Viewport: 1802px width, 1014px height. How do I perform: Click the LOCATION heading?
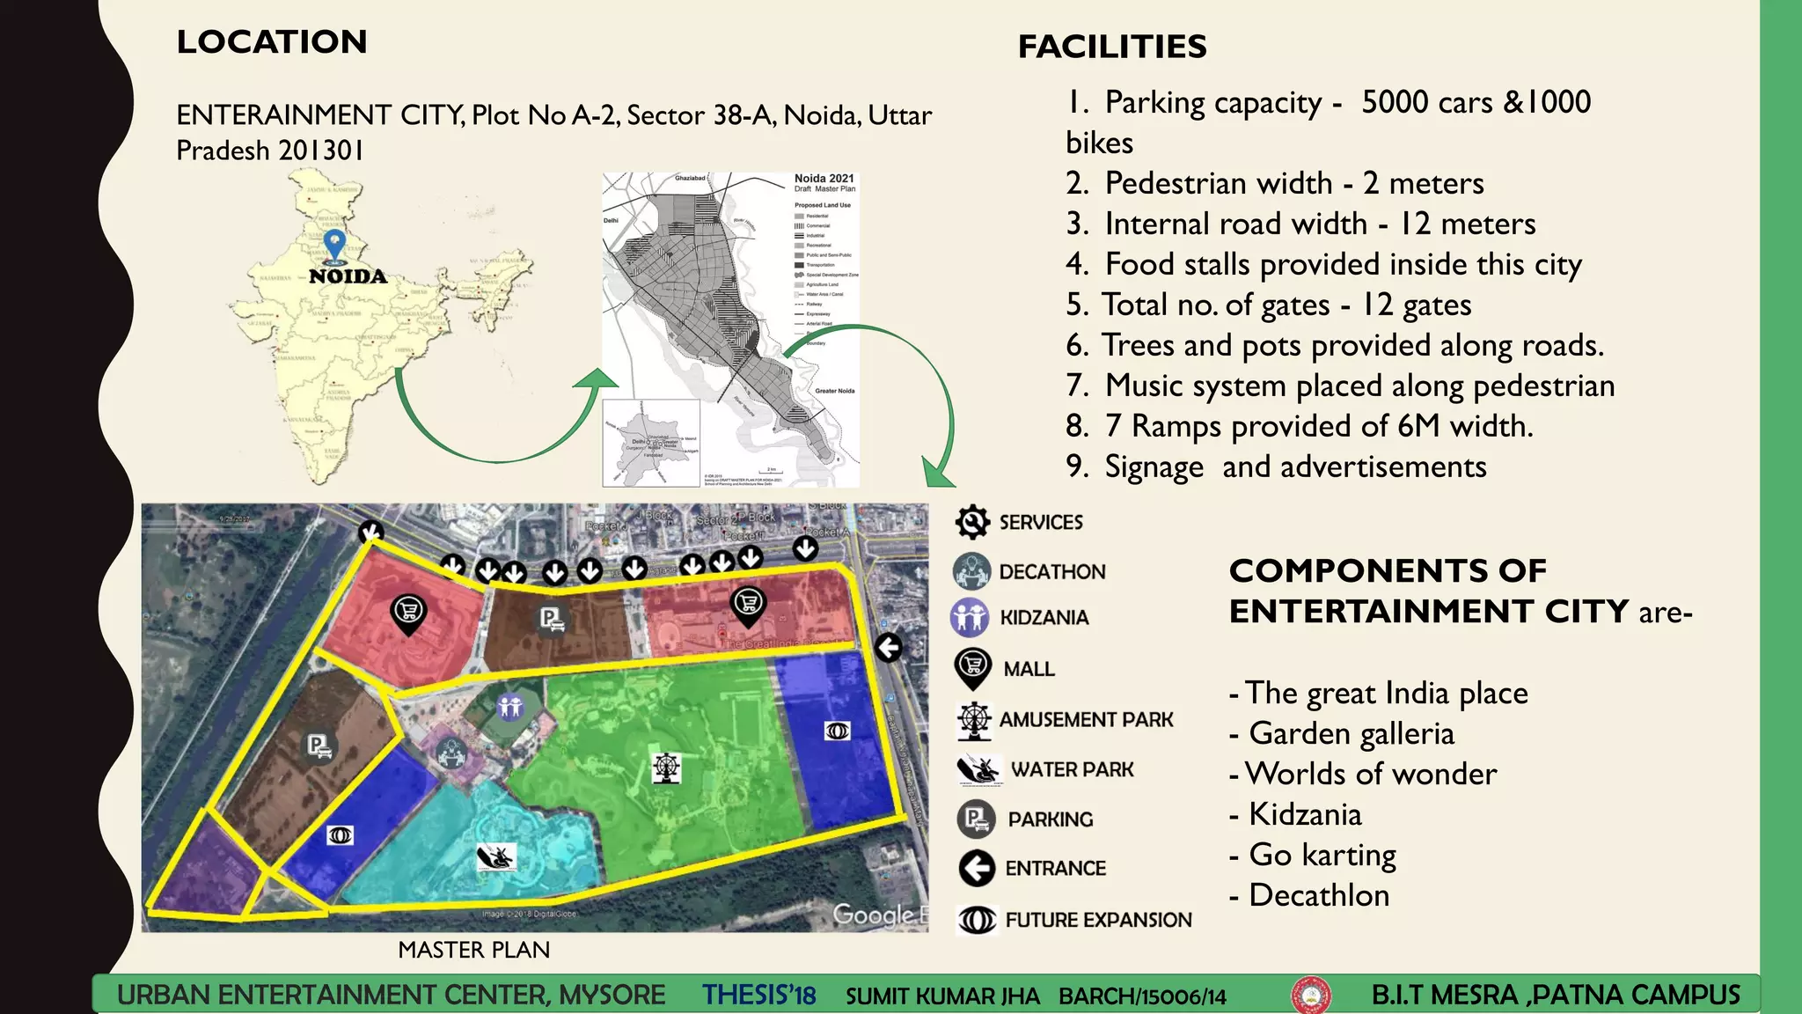(272, 42)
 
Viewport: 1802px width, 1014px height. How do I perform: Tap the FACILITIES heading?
(1112, 47)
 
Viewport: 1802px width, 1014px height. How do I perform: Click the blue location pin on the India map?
(334, 244)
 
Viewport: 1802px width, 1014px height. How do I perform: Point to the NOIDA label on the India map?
(348, 276)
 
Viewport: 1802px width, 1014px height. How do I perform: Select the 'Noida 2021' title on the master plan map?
(824, 178)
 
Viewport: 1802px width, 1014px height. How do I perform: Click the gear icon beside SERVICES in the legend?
(972, 522)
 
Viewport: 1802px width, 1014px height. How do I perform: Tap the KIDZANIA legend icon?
(970, 617)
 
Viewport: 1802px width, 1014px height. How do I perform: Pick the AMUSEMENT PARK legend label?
(1086, 720)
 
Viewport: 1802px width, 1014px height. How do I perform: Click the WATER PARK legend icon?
(978, 770)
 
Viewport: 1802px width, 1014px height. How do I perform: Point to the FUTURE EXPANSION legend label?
(1098, 920)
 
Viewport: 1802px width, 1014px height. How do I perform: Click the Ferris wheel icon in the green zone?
(666, 768)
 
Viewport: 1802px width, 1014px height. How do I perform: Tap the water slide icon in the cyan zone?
(495, 856)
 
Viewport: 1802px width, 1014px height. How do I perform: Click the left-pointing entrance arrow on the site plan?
(889, 648)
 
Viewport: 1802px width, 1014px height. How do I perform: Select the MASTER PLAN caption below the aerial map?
(473, 950)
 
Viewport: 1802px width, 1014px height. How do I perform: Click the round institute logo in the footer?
(1310, 996)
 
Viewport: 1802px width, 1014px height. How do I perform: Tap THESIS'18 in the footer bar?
(758, 996)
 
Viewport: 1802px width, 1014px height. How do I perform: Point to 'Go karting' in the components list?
(1322, 855)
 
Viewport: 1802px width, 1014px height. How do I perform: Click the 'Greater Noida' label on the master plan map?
(834, 391)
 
